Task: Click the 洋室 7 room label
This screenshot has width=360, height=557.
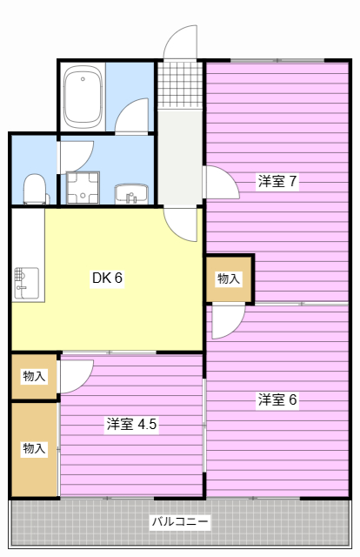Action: (x=277, y=181)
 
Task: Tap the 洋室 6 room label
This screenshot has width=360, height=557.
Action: (x=277, y=399)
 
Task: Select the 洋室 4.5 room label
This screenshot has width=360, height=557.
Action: (x=131, y=424)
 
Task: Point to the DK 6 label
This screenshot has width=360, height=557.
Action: (x=107, y=278)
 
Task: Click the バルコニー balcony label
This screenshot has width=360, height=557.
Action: (x=180, y=522)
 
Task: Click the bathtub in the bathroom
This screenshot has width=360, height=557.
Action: (x=83, y=97)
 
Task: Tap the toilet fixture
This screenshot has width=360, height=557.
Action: (x=35, y=190)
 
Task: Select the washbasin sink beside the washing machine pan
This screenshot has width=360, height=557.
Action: (x=131, y=194)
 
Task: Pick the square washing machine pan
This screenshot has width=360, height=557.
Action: (x=83, y=188)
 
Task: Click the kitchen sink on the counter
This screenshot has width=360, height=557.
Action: (x=27, y=283)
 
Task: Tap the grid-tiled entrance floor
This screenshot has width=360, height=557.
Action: (x=180, y=85)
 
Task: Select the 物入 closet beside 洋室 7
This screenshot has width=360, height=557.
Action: (x=229, y=278)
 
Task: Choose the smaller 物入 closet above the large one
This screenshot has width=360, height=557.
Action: (x=34, y=376)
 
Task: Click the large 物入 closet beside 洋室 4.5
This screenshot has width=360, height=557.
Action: (x=34, y=449)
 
